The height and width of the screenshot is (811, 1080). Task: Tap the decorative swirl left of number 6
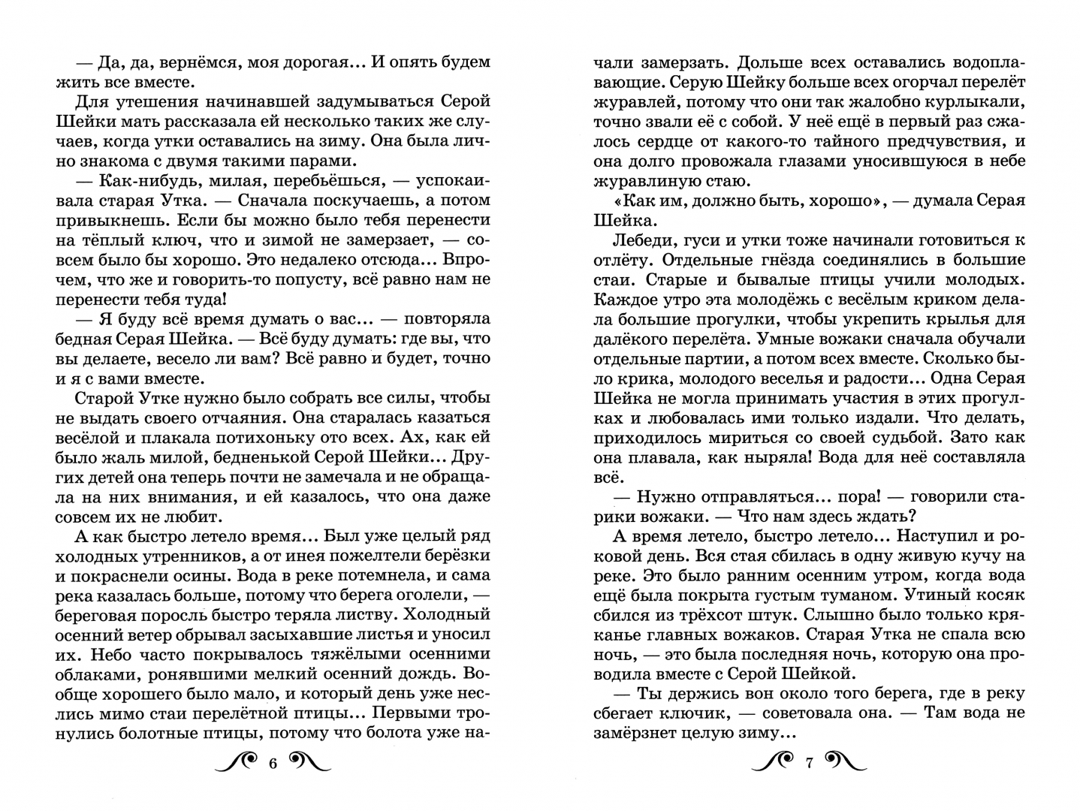point(238,764)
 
